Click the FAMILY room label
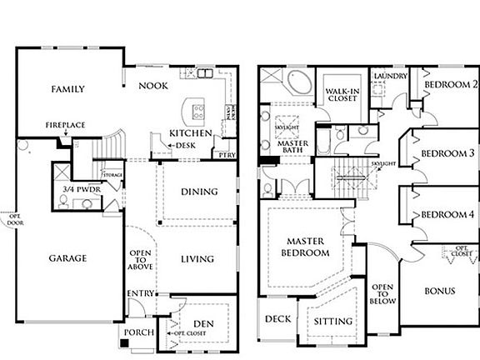68,88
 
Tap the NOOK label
152,86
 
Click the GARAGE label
67,258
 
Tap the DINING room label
199,192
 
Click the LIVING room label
199,259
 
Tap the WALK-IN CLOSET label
342,94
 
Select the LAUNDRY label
390,76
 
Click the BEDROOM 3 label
447,153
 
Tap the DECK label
277,319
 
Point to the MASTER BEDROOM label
305,247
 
